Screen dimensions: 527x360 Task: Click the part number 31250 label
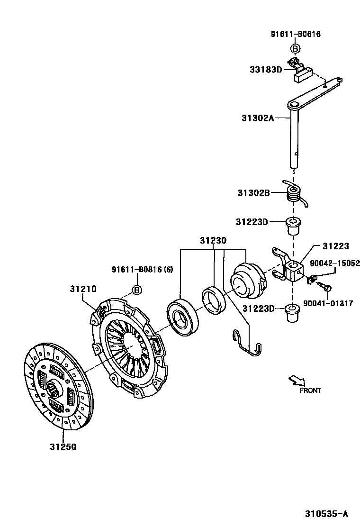coord(63,446)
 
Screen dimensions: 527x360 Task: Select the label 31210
coord(83,288)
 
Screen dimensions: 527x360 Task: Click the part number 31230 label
coord(213,241)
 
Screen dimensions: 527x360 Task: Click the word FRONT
coord(310,391)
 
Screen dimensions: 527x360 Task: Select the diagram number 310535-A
coord(326,514)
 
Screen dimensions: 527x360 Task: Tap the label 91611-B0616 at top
coord(296,34)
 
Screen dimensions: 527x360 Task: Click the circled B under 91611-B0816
coord(136,290)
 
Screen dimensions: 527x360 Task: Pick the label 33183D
coord(266,70)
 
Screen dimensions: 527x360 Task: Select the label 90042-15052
coord(334,263)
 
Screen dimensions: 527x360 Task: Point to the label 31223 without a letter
coord(335,246)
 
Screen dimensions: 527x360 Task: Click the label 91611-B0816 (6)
coord(142,270)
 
